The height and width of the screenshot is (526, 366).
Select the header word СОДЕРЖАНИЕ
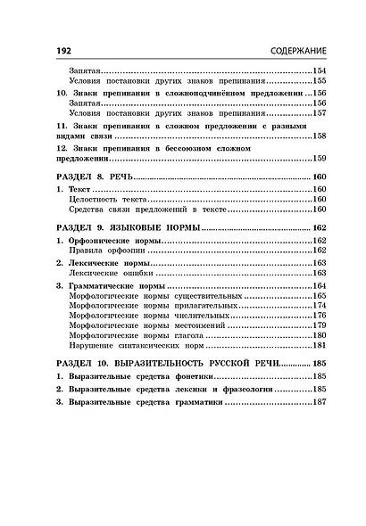point(293,52)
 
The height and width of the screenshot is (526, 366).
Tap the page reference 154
point(318,70)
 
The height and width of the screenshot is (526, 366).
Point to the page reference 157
point(318,114)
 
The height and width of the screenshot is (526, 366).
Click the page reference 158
point(318,136)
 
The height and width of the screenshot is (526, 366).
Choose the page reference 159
point(318,158)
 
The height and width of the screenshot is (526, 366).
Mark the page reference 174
point(318,305)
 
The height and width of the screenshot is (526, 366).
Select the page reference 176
point(318,316)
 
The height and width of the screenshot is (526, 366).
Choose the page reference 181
point(318,346)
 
